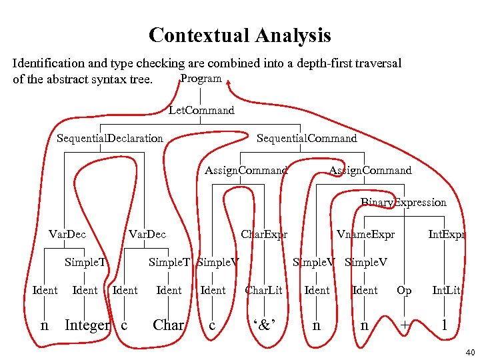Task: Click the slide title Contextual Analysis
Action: pyautogui.click(x=239, y=35)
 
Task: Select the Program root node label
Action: pyautogui.click(x=201, y=79)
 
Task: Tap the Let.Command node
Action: pyautogui.click(x=201, y=110)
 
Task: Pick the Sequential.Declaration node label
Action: pyautogui.click(x=110, y=139)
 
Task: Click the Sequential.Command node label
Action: pyautogui.click(x=307, y=139)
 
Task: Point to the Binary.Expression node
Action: pyautogui.click(x=403, y=202)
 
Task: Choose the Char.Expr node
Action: pyautogui.click(x=264, y=234)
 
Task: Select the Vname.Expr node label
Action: pyautogui.click(x=365, y=234)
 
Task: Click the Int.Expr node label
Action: pyautogui.click(x=446, y=234)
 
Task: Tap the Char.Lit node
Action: pyautogui.click(x=264, y=290)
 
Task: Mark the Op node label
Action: pyautogui.click(x=404, y=290)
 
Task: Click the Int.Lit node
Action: pyautogui.click(x=446, y=290)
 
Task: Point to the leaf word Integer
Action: pyautogui.click(x=87, y=325)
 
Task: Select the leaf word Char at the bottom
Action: pyautogui.click(x=169, y=325)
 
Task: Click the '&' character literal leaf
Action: pyautogui.click(x=264, y=326)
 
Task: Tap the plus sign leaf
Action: pyautogui.click(x=404, y=326)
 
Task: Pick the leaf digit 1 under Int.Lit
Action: pyautogui.click(x=445, y=325)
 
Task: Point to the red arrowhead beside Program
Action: pyautogui.click(x=229, y=83)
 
